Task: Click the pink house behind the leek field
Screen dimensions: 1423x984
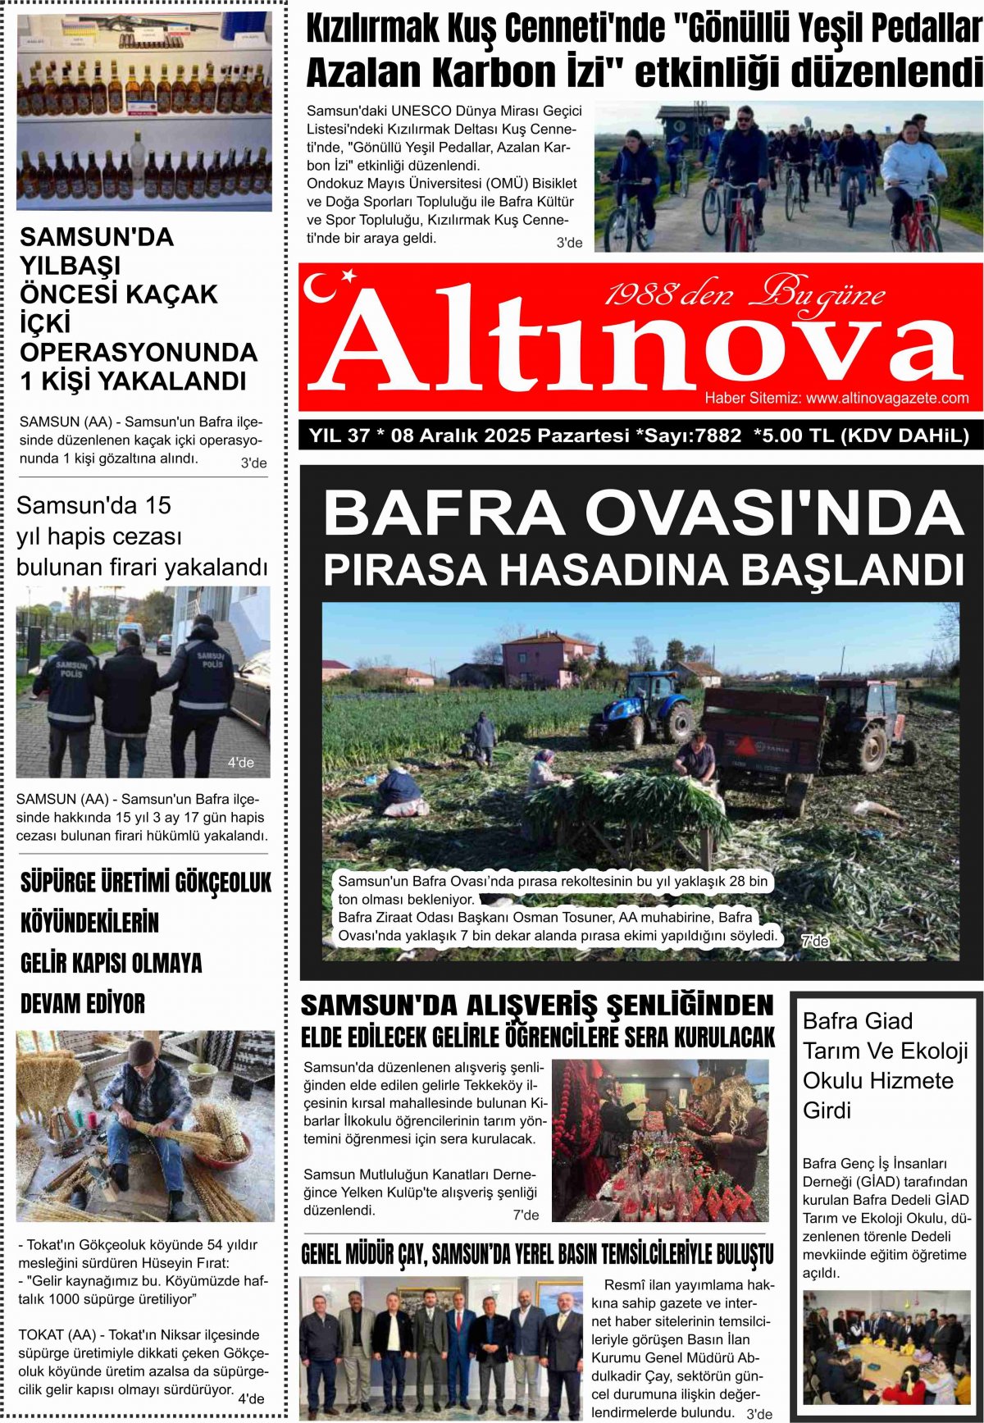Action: (547, 659)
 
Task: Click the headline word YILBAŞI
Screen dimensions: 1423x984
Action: (71, 266)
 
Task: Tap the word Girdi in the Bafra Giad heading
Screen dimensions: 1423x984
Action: (827, 1111)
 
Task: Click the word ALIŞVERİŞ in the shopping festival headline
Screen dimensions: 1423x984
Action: (531, 1006)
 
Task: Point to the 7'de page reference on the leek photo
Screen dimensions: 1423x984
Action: (814, 942)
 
